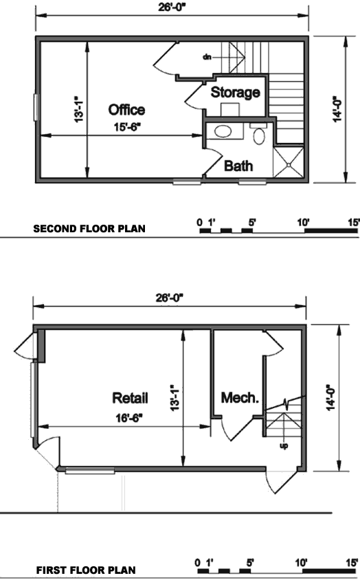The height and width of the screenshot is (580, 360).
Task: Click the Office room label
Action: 126,110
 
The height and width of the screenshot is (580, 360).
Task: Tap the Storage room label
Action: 236,92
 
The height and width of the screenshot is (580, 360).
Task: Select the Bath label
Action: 238,166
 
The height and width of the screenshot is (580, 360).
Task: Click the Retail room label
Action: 130,398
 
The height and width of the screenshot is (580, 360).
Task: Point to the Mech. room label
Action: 240,398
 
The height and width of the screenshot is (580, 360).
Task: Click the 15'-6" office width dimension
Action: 128,127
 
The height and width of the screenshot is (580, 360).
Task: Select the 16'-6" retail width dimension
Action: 129,418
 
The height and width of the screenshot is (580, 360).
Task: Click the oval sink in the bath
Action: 223,131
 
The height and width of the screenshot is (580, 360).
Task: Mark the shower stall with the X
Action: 289,162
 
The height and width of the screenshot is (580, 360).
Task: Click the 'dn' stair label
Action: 207,57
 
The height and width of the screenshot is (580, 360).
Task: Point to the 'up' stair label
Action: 284,446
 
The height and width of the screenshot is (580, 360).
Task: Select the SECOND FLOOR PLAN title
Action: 89,229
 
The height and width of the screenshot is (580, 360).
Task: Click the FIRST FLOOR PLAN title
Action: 86,570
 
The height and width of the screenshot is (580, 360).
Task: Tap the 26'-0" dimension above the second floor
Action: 172,8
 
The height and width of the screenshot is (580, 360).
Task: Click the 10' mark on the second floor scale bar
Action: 303,222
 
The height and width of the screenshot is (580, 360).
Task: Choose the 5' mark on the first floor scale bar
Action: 250,563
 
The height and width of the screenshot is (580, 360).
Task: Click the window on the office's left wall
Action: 36,107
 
